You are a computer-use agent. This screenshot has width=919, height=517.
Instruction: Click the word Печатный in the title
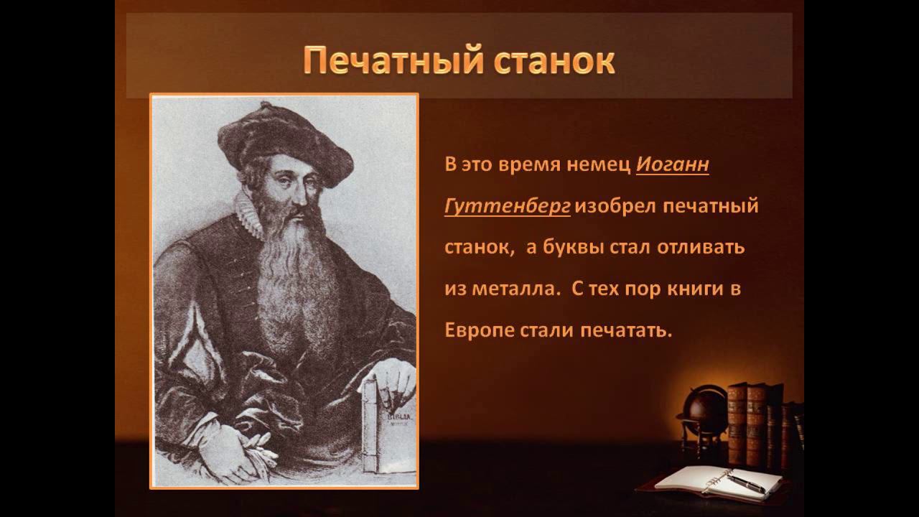[x=393, y=62]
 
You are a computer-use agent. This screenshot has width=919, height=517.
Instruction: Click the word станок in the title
[x=554, y=62]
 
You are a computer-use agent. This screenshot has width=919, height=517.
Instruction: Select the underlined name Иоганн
[x=673, y=164]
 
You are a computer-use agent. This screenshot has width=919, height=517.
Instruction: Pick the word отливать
[x=701, y=248]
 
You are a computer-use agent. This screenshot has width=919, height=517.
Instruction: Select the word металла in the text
[x=516, y=289]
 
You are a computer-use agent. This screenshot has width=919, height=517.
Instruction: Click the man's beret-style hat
[x=285, y=144]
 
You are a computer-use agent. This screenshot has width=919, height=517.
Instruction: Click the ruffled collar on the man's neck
[x=248, y=214]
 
